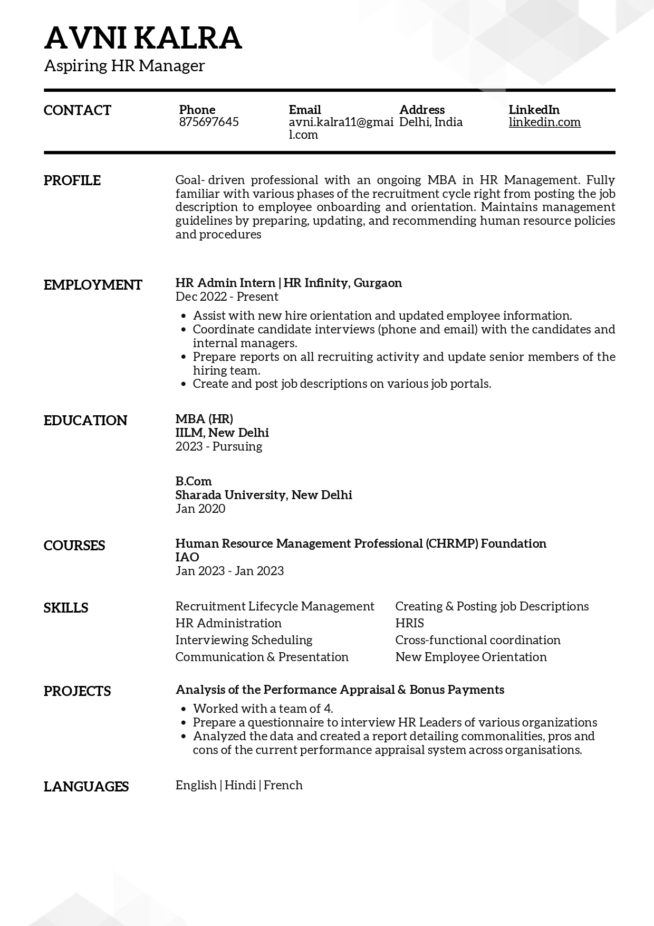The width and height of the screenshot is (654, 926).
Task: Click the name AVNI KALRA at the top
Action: [x=143, y=38]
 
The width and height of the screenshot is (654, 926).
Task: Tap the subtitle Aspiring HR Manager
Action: [x=124, y=66]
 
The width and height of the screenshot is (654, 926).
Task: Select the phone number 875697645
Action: [x=209, y=122]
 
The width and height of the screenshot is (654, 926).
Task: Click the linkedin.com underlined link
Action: [x=544, y=122]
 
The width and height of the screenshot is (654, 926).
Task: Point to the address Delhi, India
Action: [x=430, y=122]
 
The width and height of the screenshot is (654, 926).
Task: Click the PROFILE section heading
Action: [x=72, y=180]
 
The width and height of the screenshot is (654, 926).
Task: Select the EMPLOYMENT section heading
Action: [x=93, y=285]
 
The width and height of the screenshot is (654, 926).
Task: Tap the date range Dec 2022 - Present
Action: [x=227, y=297]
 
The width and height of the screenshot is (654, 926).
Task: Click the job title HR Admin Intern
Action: [x=225, y=283]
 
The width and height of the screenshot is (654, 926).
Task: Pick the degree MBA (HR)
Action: [x=204, y=419]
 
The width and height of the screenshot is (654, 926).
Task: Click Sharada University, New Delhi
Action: [x=264, y=495]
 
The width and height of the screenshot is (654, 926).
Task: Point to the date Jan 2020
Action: [x=200, y=509]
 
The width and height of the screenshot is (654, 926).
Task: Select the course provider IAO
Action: [x=187, y=557]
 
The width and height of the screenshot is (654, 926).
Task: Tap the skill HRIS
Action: [x=410, y=623]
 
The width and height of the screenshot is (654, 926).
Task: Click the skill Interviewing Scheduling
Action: [x=244, y=640]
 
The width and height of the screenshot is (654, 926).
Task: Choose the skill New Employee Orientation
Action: [x=471, y=657]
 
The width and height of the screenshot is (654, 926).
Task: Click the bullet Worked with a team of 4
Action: [x=263, y=709]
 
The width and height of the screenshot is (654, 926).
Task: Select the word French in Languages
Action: [x=283, y=785]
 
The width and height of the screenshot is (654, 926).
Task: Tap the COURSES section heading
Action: [x=74, y=546]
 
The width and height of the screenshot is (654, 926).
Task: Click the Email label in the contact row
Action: [x=305, y=110]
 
